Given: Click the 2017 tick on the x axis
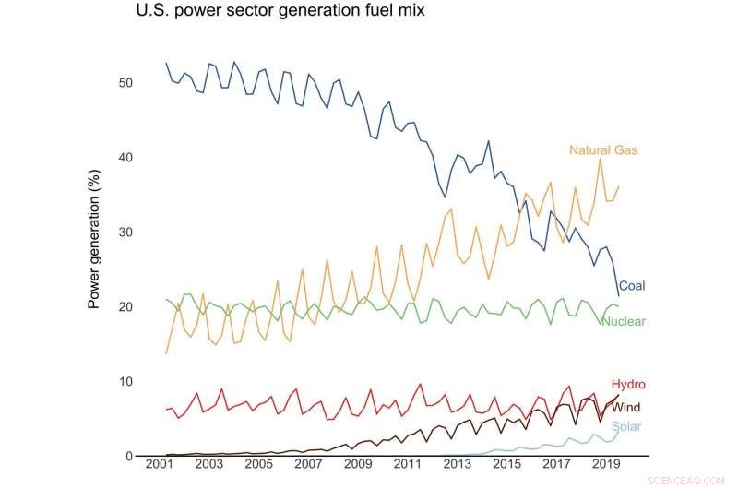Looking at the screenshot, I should click(555, 472).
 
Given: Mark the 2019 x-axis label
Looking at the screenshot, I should click(604, 472).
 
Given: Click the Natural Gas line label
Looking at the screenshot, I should click(603, 149).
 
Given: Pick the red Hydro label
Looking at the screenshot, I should click(627, 384).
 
